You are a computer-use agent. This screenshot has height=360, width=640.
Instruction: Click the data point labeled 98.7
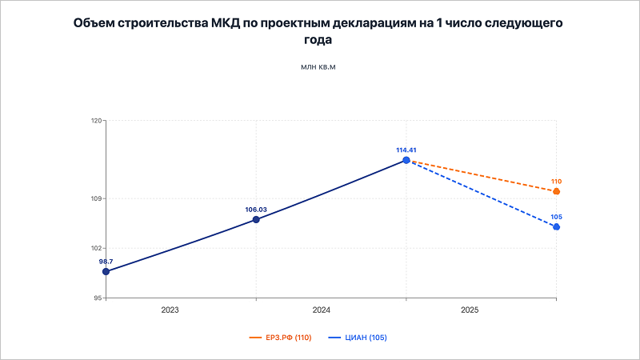pos(106,272)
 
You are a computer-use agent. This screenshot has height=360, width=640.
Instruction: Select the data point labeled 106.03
pos(256,219)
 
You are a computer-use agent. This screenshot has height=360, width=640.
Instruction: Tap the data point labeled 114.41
pos(406,160)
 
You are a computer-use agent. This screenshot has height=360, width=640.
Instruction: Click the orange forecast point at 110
pos(557,191)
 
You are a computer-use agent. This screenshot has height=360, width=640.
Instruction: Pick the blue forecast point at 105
pos(557,227)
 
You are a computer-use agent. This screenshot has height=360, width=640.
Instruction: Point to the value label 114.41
pos(406,150)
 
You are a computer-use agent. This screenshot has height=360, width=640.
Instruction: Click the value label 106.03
pos(256,210)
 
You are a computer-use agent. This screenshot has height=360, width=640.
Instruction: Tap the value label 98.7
pos(106,262)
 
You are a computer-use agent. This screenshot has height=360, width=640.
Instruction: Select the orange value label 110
pos(557,182)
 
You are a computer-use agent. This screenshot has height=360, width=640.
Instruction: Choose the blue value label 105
pos(557,217)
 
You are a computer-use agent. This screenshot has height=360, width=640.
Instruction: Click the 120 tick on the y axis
pos(96,121)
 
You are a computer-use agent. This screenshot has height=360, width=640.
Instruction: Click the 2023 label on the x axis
pos(170,309)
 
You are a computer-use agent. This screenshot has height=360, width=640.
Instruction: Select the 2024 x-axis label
pos(321,309)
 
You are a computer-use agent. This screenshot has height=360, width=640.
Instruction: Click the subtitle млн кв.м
pos(318,66)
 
